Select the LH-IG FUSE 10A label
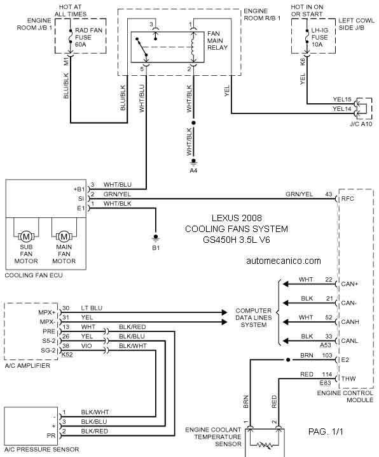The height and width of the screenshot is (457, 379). [x=319, y=38]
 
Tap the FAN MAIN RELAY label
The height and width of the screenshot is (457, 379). [x=217, y=41]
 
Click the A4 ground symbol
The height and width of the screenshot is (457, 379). [x=193, y=161]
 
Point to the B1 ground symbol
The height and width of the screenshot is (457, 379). [x=156, y=238]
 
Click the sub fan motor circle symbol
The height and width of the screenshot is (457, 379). [x=26, y=236]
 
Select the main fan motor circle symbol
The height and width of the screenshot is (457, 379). [x=64, y=236]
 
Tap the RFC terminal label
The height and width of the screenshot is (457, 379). [x=347, y=199]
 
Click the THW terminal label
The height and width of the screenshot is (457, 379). [x=348, y=379]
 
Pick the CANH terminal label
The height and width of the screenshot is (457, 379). [x=350, y=322]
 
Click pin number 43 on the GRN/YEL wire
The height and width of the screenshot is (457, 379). [x=329, y=194]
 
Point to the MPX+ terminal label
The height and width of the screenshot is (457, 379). [x=47, y=313]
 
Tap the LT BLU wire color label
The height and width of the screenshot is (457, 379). [x=92, y=308]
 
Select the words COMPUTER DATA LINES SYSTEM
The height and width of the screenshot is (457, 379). [x=253, y=317]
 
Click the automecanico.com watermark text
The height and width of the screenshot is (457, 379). [x=284, y=261]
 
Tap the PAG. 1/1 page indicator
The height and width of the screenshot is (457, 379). [x=326, y=432]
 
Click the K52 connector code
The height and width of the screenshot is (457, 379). [x=67, y=354]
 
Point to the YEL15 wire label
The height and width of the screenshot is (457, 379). [x=342, y=99]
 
